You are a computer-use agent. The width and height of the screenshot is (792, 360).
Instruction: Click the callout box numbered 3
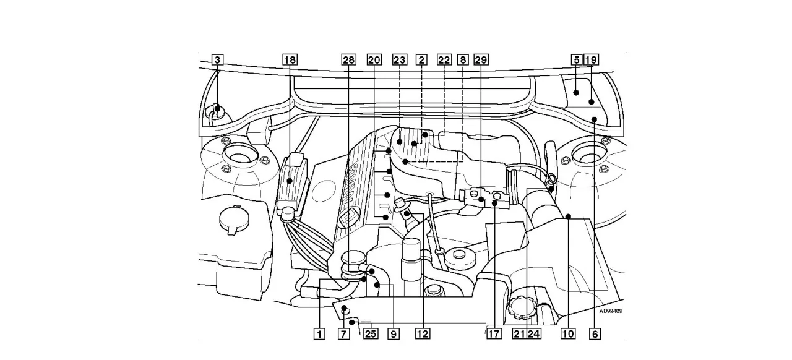point(217,60)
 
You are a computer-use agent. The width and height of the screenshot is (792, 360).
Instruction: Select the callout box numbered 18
point(290,60)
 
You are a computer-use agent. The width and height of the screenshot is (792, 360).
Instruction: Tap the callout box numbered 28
point(349,60)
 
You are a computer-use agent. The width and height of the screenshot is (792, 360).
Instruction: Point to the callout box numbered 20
point(374,60)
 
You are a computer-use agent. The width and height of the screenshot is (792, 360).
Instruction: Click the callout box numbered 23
point(400,60)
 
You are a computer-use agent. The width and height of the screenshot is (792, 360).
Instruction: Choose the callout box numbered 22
point(444,60)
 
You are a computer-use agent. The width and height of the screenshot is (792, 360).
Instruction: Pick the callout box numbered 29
point(481,60)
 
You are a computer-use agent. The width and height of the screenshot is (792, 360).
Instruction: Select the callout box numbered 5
point(576,60)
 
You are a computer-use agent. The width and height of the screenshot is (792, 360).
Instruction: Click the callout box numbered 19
point(591,60)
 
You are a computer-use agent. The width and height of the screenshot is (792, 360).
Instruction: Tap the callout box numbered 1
point(319,334)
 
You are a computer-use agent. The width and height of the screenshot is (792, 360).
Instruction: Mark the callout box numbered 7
point(342,334)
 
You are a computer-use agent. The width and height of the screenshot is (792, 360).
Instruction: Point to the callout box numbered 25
point(370,334)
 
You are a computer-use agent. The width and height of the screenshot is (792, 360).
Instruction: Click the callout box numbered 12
point(422,334)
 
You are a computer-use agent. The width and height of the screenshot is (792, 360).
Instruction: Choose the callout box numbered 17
point(493,334)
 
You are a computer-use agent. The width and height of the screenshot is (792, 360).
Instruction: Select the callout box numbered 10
point(567,334)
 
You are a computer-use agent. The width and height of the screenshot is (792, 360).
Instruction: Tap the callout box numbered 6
point(595,334)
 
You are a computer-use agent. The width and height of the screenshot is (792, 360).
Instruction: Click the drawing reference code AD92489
point(612,312)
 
